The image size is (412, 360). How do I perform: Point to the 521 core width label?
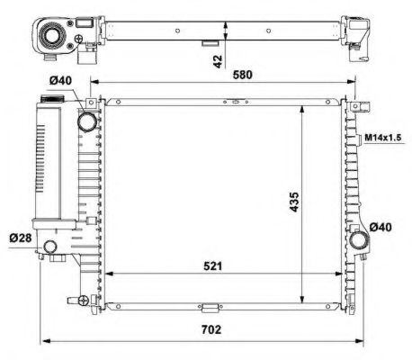pos(212,266)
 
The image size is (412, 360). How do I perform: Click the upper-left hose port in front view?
pos(89,121)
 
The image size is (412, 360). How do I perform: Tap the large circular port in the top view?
pos(52,38)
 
